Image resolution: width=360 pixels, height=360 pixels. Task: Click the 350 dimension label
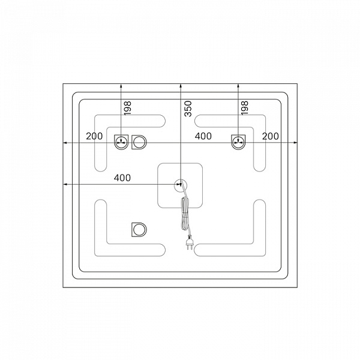point(188,109)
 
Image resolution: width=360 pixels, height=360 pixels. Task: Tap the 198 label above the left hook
point(128,108)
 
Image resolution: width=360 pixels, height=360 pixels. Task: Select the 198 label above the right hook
point(245,108)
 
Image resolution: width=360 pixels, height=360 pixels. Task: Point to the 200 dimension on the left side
point(94,136)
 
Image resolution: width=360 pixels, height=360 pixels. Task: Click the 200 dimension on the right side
point(271,136)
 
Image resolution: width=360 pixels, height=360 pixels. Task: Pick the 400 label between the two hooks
point(203,136)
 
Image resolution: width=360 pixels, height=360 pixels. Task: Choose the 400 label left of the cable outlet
point(122,178)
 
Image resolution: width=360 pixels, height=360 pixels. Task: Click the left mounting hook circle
point(121,142)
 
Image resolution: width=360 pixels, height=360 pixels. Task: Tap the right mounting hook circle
point(238,142)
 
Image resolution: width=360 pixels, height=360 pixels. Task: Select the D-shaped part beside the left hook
point(139,142)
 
